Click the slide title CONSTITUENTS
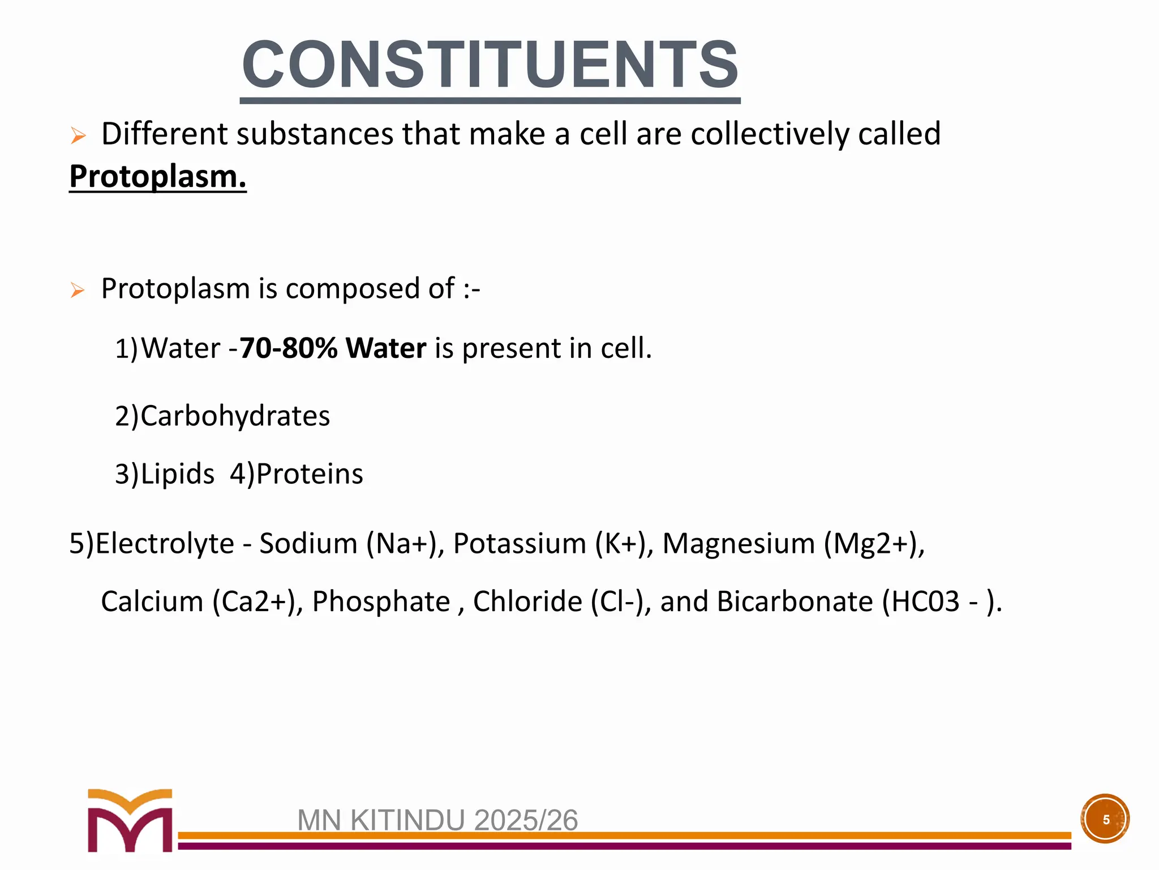pyautogui.click(x=490, y=65)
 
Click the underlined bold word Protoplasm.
pyautogui.click(x=157, y=176)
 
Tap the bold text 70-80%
pyautogui.click(x=289, y=348)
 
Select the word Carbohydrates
pyautogui.click(x=235, y=416)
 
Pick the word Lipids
pyautogui.click(x=177, y=474)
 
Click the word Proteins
pyautogui.click(x=310, y=474)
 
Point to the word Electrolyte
pyautogui.click(x=165, y=543)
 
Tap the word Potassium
pyautogui.click(x=520, y=543)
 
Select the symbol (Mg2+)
pyautogui.click(x=874, y=543)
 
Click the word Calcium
pyautogui.click(x=152, y=601)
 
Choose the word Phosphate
pyautogui.click(x=381, y=601)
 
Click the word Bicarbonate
pyautogui.click(x=795, y=601)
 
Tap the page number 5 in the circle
pyautogui.click(x=1105, y=819)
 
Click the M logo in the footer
pyautogui.click(x=130, y=820)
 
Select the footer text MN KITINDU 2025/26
pyautogui.click(x=437, y=820)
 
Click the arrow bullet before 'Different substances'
pyautogui.click(x=78, y=136)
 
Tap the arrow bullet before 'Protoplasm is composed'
pyautogui.click(x=78, y=291)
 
